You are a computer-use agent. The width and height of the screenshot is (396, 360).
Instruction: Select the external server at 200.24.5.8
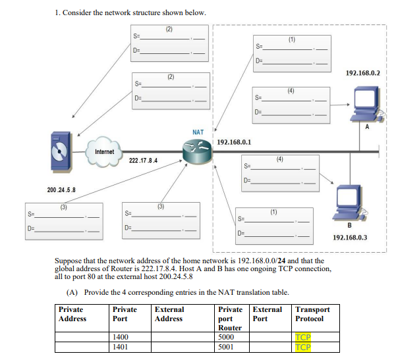pos(61,151)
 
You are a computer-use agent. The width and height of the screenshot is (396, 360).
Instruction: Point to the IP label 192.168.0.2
pos(362,72)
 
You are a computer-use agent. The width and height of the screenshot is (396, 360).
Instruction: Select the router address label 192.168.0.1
pos(233,141)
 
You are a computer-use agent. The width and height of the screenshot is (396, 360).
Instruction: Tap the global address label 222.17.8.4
pos(143,160)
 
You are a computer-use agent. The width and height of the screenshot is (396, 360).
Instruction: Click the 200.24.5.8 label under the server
pos(61,190)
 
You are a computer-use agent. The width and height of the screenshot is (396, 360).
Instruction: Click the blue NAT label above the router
pos(198,132)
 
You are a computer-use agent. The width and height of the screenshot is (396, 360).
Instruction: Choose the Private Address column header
pos(72,314)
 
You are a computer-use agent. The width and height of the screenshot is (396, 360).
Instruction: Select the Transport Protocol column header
pos(313,314)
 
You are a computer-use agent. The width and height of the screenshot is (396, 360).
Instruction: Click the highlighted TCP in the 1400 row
pos(303,337)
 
